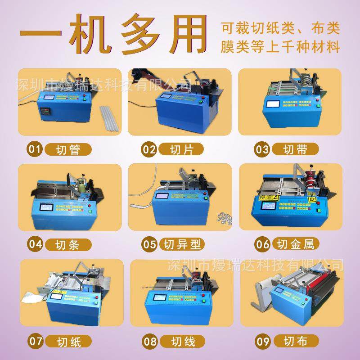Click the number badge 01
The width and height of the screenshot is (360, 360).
point(35,149)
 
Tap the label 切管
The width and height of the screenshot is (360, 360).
point(68,149)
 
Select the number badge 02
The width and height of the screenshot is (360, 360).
point(149,149)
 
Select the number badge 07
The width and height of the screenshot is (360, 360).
point(35,341)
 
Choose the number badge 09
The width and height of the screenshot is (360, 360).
point(262,341)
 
